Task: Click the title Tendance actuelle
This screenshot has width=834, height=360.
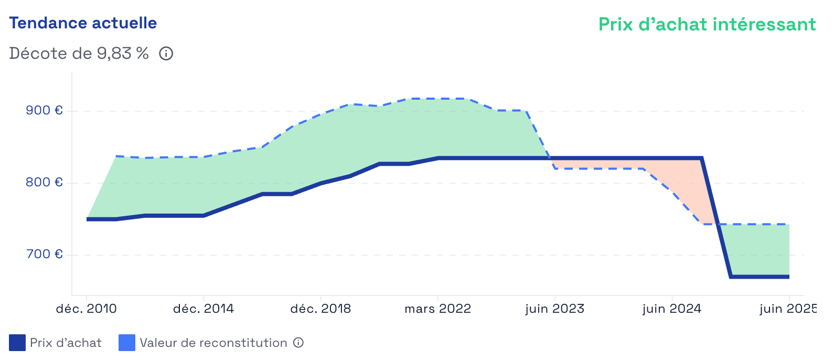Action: pos(83,23)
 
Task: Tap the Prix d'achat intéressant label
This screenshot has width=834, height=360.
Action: pos(707,24)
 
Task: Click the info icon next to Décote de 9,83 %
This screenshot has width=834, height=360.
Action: pos(166,54)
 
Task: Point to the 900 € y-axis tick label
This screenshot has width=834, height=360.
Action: pos(44,110)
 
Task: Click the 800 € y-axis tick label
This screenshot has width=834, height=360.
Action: pos(44,182)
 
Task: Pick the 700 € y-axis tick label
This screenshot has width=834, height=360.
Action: pos(44,254)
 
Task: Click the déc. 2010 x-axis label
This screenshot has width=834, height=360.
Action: pos(87,309)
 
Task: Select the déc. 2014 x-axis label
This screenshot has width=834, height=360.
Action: pos(204,309)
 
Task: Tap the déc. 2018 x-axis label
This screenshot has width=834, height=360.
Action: pos(320,309)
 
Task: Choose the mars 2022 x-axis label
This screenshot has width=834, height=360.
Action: pos(438,309)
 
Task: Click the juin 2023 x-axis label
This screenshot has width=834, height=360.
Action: pos(555,309)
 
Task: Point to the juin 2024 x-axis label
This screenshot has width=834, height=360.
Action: pos(672,309)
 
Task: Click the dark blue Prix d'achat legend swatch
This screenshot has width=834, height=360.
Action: pos(17,343)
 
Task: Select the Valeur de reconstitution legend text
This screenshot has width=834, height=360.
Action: pos(213,343)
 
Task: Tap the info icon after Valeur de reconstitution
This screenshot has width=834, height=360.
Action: pos(298,343)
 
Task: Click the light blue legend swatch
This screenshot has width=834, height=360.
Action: pos(127,343)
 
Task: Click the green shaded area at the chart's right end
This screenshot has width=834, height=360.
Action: pos(761,249)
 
